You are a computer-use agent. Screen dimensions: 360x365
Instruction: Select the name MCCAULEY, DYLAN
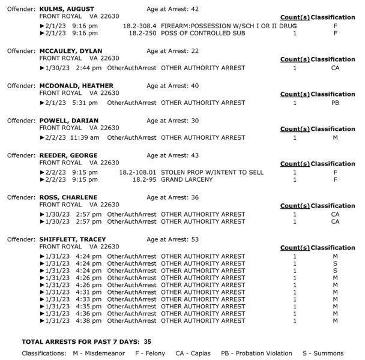pos(70,51)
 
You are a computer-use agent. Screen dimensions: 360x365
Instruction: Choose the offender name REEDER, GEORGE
pos(68,155)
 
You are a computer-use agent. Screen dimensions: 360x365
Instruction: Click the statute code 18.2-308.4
pos(139,26)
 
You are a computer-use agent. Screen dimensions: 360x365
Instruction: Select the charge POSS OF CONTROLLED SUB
pos(203,33)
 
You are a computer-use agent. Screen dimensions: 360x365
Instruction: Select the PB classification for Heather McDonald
pos(335,103)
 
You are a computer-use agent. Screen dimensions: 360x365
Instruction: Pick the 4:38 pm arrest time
pos(89,321)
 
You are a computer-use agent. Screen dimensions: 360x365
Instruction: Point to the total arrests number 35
pos(147,341)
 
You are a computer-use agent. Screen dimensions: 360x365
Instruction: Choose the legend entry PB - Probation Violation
pos(256,353)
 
